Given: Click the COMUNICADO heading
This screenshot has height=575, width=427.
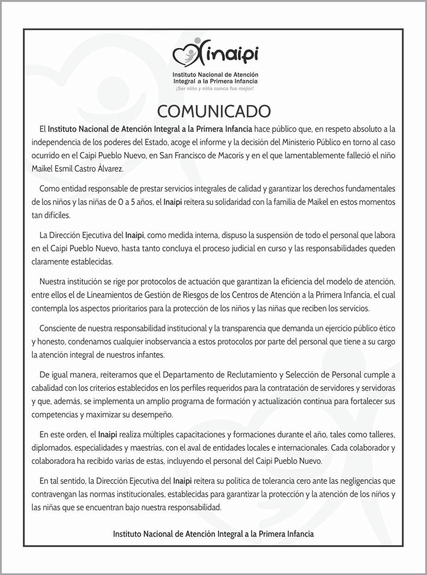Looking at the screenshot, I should [x=213, y=111].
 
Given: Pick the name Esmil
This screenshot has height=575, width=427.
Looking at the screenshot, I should [x=63, y=169].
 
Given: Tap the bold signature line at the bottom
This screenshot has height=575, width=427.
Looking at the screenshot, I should [x=213, y=534].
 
